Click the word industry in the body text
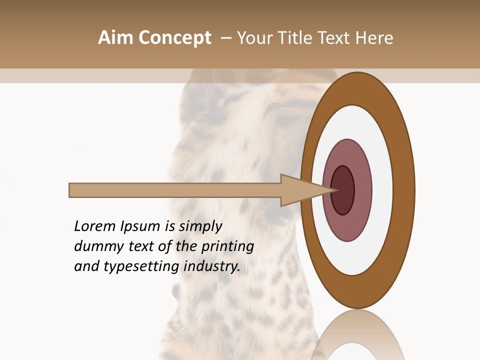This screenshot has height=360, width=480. point(212,266)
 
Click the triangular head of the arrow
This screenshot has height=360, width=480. point(295,190)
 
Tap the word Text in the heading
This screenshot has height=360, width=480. point(335,38)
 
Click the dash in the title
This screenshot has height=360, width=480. point(225,38)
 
